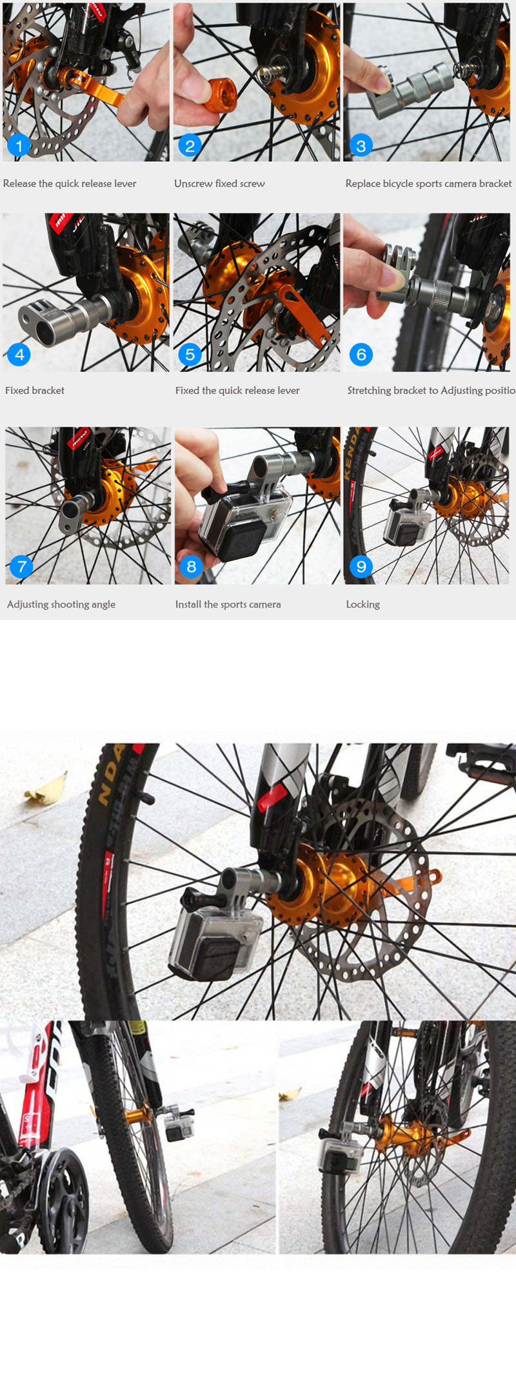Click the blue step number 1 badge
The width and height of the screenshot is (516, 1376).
pyautogui.click(x=19, y=146)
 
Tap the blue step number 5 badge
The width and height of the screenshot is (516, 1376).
pyautogui.click(x=190, y=354)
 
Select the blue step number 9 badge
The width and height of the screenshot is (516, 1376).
pyautogui.click(x=361, y=566)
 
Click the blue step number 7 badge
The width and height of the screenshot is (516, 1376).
pyautogui.click(x=22, y=566)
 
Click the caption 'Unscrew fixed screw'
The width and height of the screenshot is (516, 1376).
pyautogui.click(x=219, y=184)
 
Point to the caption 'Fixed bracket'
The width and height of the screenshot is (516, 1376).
pyautogui.click(x=35, y=390)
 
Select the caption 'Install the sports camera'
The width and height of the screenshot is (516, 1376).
pyautogui.click(x=228, y=604)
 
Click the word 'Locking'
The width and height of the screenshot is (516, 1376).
pyautogui.click(x=362, y=604)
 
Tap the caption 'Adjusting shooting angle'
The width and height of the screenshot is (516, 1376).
pyautogui.click(x=61, y=604)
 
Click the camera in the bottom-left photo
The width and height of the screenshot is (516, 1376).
pyautogui.click(x=175, y=1126)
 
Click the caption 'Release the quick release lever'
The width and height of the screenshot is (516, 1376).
pyautogui.click(x=70, y=184)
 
